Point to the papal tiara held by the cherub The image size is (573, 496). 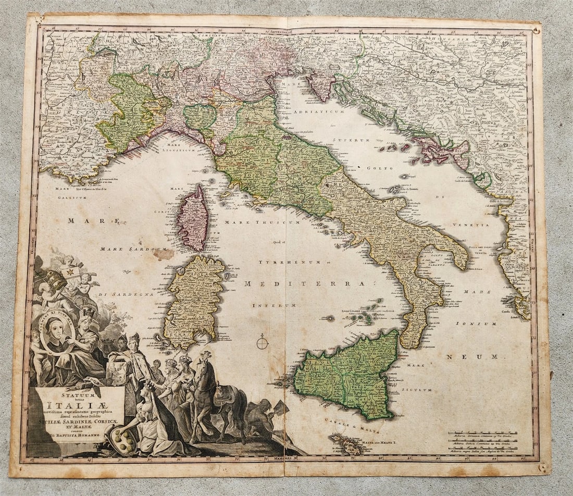click(x=56, y=280)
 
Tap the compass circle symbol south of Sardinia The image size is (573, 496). click(x=263, y=343)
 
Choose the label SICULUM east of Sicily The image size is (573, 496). click(x=420, y=390)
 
